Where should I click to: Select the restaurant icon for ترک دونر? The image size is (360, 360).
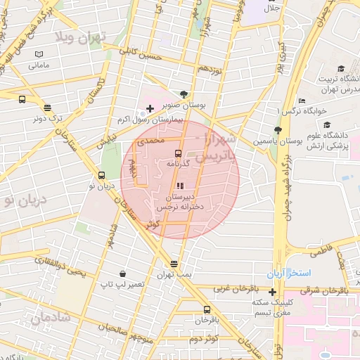click(47, 108)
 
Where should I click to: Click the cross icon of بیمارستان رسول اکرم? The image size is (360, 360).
click(149, 109)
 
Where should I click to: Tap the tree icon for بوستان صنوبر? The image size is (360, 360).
click(184, 94)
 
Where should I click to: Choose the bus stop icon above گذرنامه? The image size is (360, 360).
click(178, 153)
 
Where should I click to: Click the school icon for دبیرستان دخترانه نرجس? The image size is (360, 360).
click(179, 186)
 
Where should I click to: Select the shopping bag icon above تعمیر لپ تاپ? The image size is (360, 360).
click(123, 273)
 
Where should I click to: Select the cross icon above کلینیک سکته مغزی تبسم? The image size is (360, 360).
click(272, 291)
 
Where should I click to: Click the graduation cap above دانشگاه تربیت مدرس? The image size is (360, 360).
click(341, 69)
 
